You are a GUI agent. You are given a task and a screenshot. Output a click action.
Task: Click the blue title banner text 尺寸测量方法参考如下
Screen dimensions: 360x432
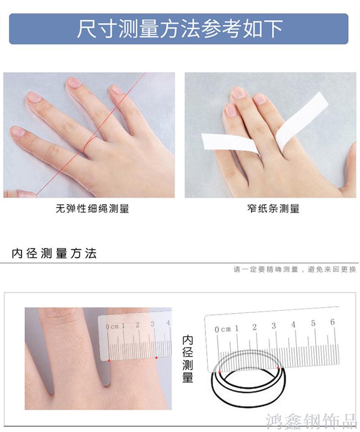tap(180, 29)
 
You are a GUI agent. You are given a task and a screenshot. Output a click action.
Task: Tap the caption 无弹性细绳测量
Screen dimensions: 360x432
tap(93, 208)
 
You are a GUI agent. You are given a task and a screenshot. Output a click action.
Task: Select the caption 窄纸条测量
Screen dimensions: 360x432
tap(273, 208)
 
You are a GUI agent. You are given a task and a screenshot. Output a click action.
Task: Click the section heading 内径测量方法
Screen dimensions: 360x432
tap(54, 253)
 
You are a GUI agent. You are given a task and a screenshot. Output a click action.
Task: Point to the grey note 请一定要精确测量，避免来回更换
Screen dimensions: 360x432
tap(295, 269)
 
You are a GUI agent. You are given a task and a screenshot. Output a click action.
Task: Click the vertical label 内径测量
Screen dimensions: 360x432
tap(188, 359)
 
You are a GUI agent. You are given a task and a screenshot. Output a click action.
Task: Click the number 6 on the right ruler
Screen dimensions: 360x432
tap(333, 322)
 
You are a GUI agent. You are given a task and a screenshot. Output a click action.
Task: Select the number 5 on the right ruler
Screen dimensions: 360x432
tap(313, 323)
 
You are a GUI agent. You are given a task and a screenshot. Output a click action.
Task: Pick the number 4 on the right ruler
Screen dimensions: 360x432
tap(293, 324)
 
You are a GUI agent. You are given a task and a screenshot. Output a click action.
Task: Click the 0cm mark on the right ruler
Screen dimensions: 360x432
tap(223, 329)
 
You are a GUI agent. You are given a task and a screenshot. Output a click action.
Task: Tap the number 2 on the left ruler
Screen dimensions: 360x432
tap(138, 325)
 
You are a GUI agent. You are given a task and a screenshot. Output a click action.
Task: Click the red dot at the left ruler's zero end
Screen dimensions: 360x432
tap(109, 360)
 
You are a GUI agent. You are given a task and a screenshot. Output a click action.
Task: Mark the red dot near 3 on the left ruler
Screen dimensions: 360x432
tap(156, 358)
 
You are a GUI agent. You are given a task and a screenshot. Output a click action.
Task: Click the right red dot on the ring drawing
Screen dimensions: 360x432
tap(278, 368)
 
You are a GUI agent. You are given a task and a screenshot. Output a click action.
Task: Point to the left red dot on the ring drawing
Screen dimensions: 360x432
tap(220, 372)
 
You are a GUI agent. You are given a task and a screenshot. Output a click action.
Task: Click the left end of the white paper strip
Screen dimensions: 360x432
tap(203, 141)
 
